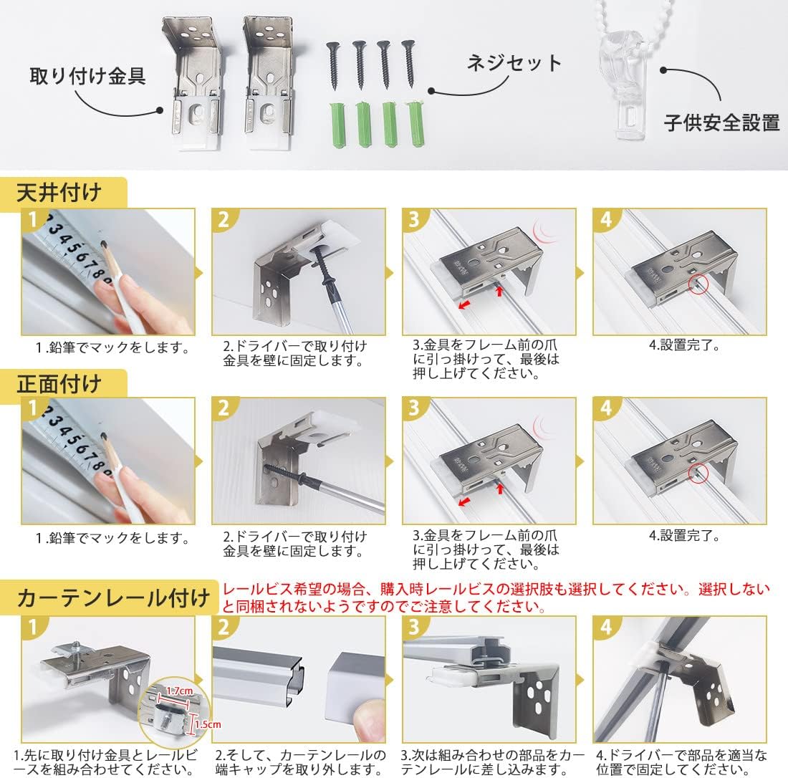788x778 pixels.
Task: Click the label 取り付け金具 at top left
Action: coord(87,76)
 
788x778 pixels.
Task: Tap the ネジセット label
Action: coord(514,63)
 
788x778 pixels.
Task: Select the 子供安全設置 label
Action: coord(721,123)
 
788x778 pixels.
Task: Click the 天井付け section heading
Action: coord(60,193)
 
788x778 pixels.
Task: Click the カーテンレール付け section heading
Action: coord(107,597)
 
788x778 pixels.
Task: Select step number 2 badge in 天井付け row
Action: coord(224,221)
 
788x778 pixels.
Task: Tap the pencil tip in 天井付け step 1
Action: coord(102,245)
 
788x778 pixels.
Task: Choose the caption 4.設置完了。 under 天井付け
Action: coord(683,345)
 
